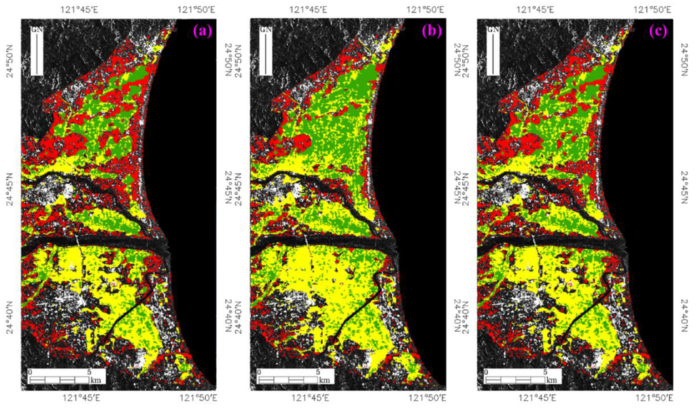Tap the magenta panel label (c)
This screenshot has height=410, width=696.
tap(659, 31)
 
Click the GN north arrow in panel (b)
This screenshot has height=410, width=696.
tap(266, 51)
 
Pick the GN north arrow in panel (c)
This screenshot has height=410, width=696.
tap(494, 51)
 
